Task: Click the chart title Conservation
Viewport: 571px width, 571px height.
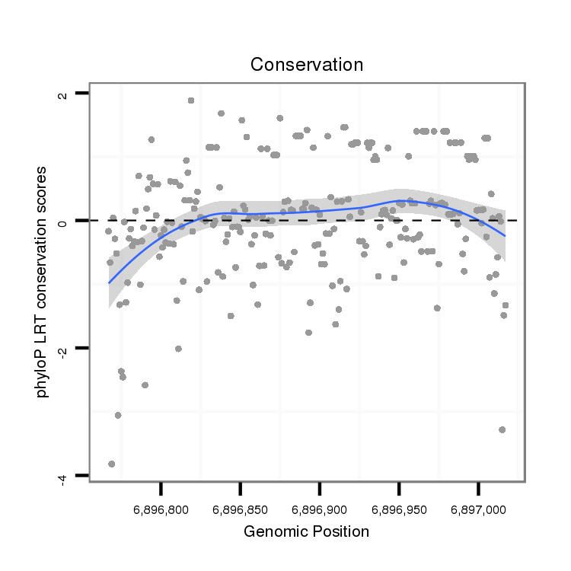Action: pyautogui.click(x=307, y=65)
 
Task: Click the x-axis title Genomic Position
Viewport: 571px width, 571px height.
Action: pyautogui.click(x=307, y=531)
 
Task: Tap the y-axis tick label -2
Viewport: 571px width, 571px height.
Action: pyautogui.click(x=63, y=349)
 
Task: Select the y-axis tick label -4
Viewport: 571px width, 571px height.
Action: pyautogui.click(x=63, y=477)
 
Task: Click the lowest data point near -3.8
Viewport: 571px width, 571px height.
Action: pyautogui.click(x=112, y=464)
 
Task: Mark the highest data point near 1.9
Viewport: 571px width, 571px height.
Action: pyautogui.click(x=191, y=100)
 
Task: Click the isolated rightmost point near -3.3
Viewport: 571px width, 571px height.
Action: pyautogui.click(x=502, y=429)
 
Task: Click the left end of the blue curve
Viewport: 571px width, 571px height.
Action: pyautogui.click(x=109, y=282)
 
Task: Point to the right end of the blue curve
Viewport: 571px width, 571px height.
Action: pyautogui.click(x=504, y=236)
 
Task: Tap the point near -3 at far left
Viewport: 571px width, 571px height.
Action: pyautogui.click(x=118, y=415)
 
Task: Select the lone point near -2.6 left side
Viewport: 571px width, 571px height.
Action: pyautogui.click(x=145, y=384)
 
